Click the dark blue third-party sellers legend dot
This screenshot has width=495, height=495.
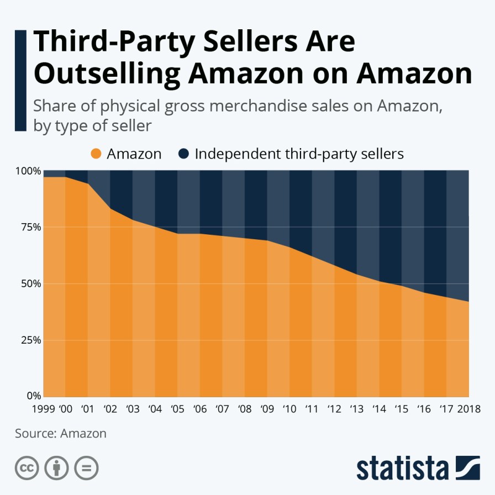point(183,154)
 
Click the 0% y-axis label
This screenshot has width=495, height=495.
point(33,396)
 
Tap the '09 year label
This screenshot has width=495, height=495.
point(266,410)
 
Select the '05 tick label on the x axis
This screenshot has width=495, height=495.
point(177,410)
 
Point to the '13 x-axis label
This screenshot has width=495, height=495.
point(356,410)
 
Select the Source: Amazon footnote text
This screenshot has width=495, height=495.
point(61,433)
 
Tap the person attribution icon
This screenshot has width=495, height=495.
point(56,468)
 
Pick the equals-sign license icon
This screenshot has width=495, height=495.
point(86,468)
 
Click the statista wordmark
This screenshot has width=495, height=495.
point(402,468)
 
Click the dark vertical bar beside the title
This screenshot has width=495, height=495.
point(20,81)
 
